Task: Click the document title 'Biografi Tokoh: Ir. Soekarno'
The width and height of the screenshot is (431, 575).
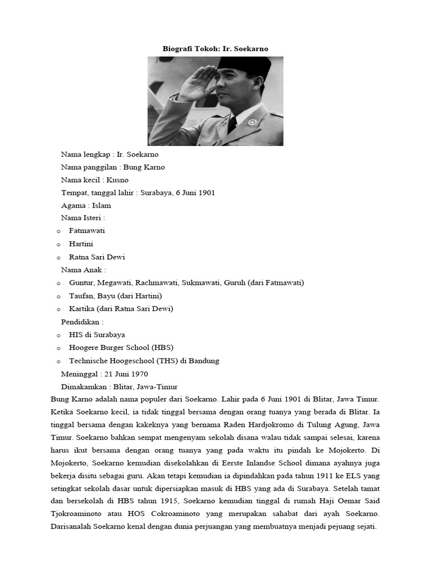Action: click(215, 49)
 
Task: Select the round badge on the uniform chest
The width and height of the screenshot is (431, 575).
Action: click(253, 122)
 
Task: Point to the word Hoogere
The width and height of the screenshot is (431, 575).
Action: click(83, 348)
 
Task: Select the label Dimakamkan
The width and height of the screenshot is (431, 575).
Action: click(84, 387)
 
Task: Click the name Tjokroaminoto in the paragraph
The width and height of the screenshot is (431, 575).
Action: click(76, 514)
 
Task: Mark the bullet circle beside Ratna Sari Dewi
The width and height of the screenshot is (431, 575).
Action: click(58, 257)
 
